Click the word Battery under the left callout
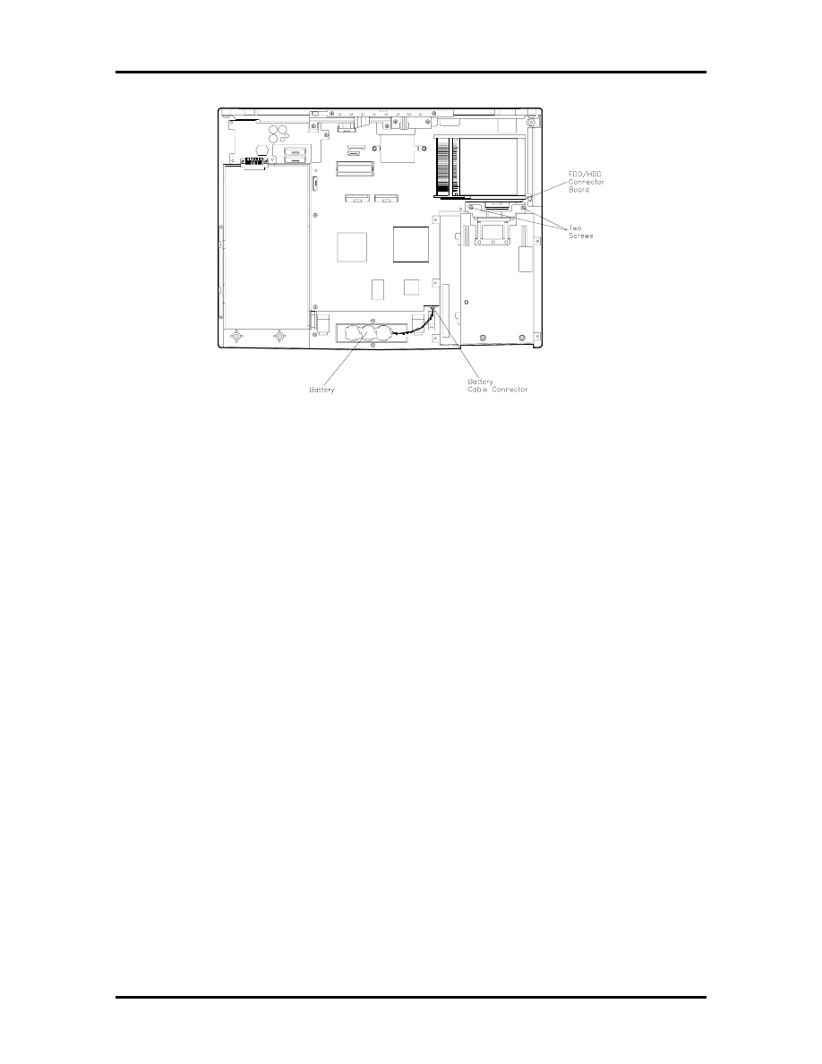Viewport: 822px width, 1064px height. coord(321,390)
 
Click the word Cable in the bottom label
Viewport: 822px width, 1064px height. coord(477,390)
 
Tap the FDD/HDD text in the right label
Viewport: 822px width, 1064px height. coord(585,175)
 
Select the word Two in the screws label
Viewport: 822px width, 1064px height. coord(575,228)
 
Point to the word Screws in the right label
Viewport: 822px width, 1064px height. coord(581,236)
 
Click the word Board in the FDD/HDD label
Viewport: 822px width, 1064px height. coord(578,189)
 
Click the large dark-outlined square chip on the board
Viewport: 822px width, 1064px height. coord(410,245)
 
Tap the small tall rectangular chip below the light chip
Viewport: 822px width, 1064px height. coord(378,289)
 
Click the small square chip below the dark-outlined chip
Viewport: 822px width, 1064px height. coord(411,287)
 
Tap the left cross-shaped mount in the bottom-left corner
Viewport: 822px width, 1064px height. coord(236,336)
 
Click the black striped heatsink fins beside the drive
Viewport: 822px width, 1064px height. coord(443,167)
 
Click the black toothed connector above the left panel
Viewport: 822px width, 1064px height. coord(256,161)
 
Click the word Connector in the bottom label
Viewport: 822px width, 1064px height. coord(509,390)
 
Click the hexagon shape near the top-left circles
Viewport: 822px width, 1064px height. coord(261,150)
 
